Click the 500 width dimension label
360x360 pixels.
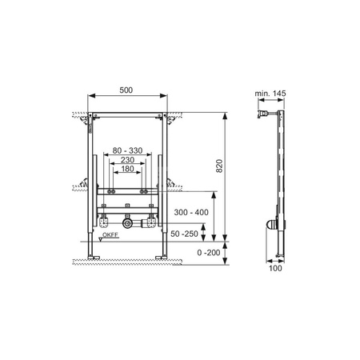[x=126, y=90]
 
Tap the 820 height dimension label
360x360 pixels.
[x=219, y=166]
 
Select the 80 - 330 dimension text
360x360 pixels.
[x=127, y=150]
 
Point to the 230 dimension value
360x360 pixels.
[x=127, y=160]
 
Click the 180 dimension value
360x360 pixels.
[x=127, y=169]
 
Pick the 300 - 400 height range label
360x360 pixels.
[x=191, y=212]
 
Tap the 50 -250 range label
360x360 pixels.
[x=184, y=234]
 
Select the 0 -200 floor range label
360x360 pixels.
[x=209, y=252]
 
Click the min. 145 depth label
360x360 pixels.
[x=270, y=94]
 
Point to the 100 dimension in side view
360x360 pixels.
[x=275, y=268]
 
